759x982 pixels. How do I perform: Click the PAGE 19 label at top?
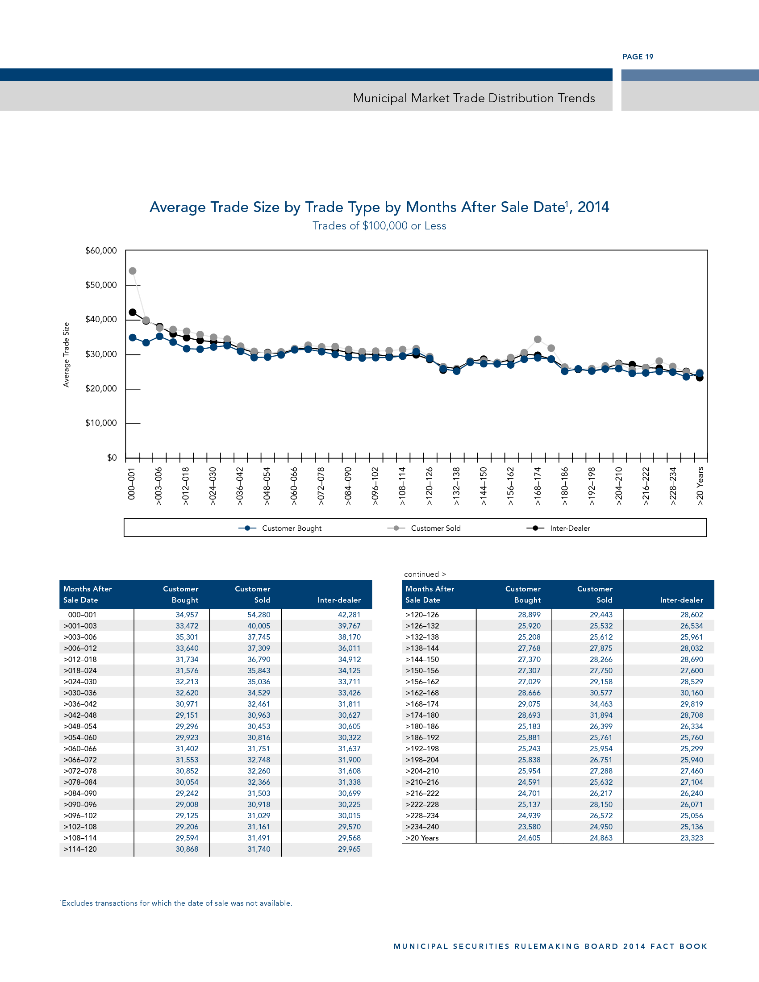(x=638, y=57)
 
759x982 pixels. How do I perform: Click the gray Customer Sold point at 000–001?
(x=133, y=271)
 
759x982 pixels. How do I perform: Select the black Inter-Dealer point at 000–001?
(x=133, y=312)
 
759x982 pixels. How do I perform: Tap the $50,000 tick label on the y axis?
(x=101, y=285)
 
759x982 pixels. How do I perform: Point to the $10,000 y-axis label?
(x=101, y=423)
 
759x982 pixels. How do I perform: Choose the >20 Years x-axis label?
(x=700, y=486)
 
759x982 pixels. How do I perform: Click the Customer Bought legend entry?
(x=292, y=528)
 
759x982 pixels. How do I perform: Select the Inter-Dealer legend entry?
(x=570, y=528)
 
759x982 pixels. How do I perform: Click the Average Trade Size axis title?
(x=67, y=354)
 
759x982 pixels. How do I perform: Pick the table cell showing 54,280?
(x=259, y=615)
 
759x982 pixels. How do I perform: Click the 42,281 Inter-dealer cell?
(x=349, y=615)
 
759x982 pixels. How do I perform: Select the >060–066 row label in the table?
(x=80, y=749)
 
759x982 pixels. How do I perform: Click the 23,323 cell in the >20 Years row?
(x=691, y=838)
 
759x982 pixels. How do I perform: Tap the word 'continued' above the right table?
(x=421, y=574)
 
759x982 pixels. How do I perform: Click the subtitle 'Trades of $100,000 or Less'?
(x=379, y=226)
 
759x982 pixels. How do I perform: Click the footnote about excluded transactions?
(x=176, y=903)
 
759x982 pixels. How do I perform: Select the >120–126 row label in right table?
(x=422, y=615)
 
